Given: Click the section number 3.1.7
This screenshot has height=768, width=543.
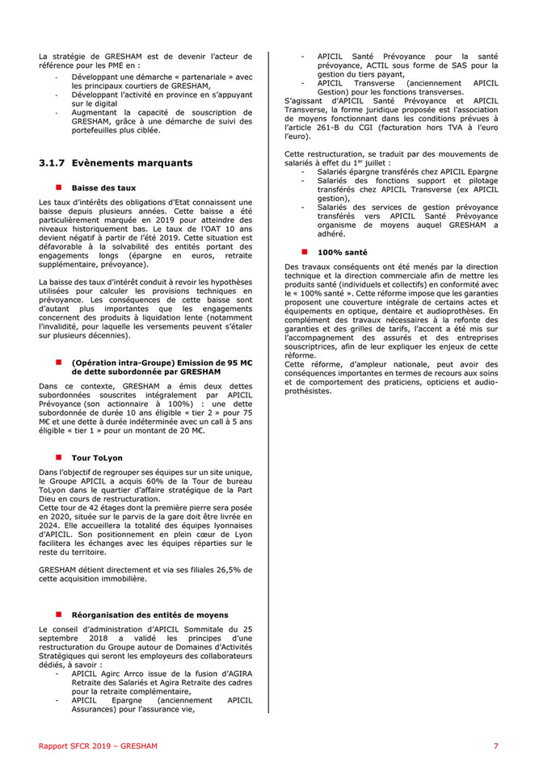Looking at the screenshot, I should (x=53, y=163).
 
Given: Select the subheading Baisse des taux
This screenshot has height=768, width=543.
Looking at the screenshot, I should (x=102, y=187).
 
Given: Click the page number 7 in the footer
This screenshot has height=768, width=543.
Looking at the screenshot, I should (x=496, y=745).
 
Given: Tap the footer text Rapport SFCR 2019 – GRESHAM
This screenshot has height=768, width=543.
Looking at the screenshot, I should (x=98, y=745).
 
